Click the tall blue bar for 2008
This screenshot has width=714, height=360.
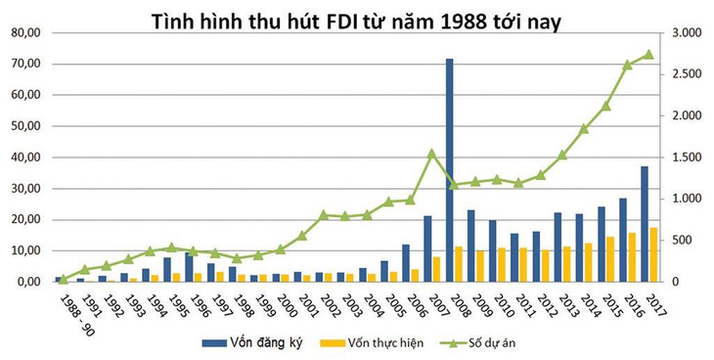[x=449, y=170]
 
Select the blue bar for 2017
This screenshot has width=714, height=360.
[x=644, y=224]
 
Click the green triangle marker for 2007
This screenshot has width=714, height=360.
[x=431, y=153]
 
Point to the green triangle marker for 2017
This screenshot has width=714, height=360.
[x=648, y=54]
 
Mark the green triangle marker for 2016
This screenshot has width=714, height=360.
[x=627, y=65]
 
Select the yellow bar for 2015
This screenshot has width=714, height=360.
[x=610, y=259]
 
